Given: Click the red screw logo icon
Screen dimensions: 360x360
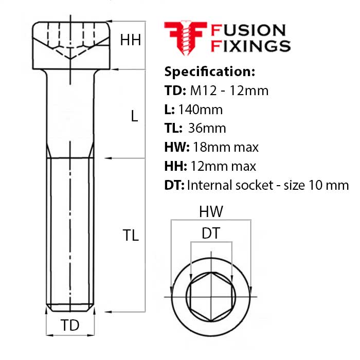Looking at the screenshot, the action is click(186, 38).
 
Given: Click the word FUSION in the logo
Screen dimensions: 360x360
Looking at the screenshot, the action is click(248, 30).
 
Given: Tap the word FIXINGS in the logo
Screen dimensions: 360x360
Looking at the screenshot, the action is click(251, 46).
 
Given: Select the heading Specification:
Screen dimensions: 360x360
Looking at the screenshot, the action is click(210, 71).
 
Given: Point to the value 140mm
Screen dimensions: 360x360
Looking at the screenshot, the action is click(201, 110).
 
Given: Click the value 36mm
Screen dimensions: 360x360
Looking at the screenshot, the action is click(207, 129).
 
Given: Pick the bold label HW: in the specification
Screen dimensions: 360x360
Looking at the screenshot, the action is click(177, 147).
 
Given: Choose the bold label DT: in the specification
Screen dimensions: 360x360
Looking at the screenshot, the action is click(174, 185).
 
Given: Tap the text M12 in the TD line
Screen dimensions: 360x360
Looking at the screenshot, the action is click(204, 91).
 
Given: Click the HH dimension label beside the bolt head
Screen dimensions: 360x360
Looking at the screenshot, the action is click(131, 40).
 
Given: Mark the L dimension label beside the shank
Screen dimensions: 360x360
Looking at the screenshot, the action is click(134, 116).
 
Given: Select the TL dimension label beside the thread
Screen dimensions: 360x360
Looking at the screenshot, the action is click(131, 235).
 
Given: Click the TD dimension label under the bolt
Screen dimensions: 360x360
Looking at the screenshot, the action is click(70, 325).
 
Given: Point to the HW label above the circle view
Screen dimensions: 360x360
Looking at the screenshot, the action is click(211, 211).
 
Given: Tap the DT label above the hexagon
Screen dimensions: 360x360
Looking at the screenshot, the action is click(211, 233).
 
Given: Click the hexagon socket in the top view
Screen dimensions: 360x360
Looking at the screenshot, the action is click(211, 297).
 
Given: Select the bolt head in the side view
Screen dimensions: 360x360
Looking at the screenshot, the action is click(71, 45).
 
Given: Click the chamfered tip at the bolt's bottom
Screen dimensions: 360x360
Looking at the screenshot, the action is click(70, 308).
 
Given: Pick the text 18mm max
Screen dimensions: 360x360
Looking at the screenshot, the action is click(226, 147).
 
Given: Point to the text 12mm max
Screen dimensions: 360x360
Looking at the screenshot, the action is click(223, 166).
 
